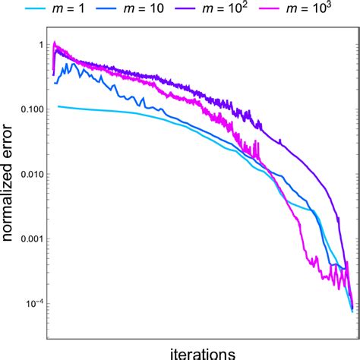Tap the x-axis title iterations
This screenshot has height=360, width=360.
click(x=201, y=352)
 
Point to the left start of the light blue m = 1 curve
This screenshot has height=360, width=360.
click(x=58, y=106)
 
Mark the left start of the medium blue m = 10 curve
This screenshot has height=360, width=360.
click(x=55, y=83)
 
